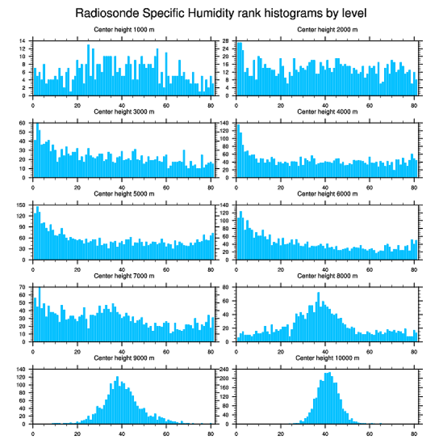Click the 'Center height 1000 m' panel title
tap(124, 30)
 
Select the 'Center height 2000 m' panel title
tap(327, 30)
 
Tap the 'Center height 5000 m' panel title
tap(124, 194)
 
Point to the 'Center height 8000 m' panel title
tap(327, 276)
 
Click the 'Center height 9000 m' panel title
tap(124, 358)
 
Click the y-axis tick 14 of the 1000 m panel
tap(23, 41)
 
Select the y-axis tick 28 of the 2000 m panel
tap(226, 41)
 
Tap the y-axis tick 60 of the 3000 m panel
tap(23, 123)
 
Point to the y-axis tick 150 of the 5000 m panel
tap(22, 205)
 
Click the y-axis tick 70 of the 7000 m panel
tap(23, 287)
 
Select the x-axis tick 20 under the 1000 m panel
tap(77, 105)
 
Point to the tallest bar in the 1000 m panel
tap(88, 70)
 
